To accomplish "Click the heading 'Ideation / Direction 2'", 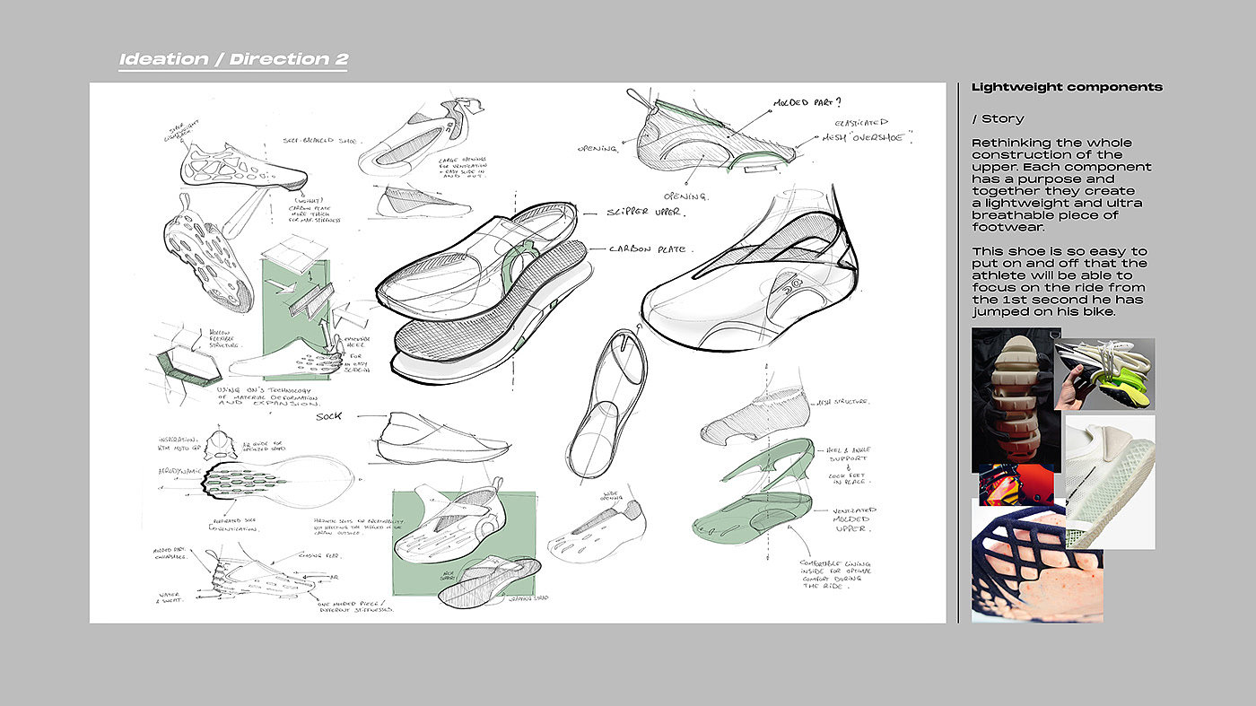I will click(x=233, y=60).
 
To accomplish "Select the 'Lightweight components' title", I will click(x=1067, y=87).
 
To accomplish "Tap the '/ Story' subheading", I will click(x=998, y=118).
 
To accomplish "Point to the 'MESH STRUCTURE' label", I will click(x=841, y=403).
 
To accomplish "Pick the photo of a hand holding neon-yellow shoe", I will click(x=1103, y=373).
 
